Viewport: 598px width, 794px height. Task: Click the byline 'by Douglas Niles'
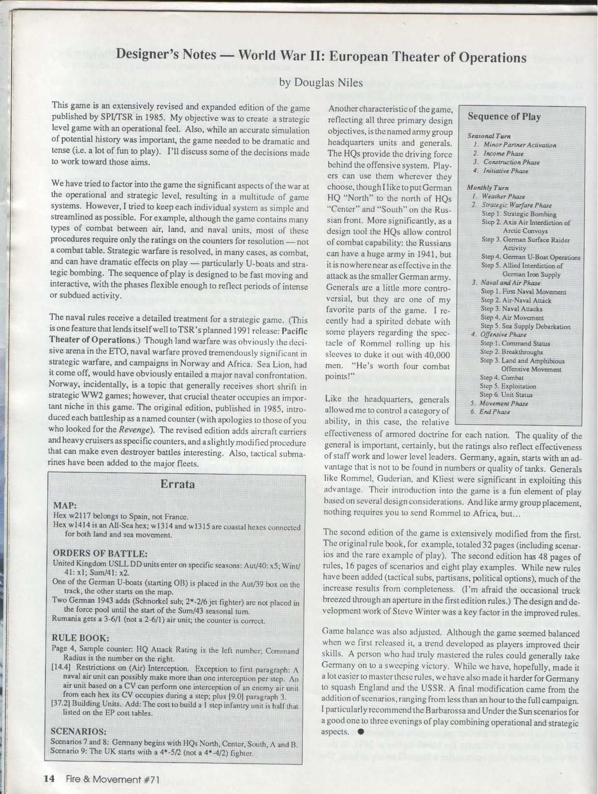321,83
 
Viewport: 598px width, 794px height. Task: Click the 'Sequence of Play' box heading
504,117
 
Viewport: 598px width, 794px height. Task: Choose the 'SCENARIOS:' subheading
79,731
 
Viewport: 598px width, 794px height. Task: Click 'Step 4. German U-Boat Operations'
530,257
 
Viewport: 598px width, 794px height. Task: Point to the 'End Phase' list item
495,412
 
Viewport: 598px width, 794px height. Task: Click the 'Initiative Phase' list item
506,171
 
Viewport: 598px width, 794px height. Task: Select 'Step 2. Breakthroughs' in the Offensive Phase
511,352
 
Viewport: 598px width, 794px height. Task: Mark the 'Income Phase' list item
503,153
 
